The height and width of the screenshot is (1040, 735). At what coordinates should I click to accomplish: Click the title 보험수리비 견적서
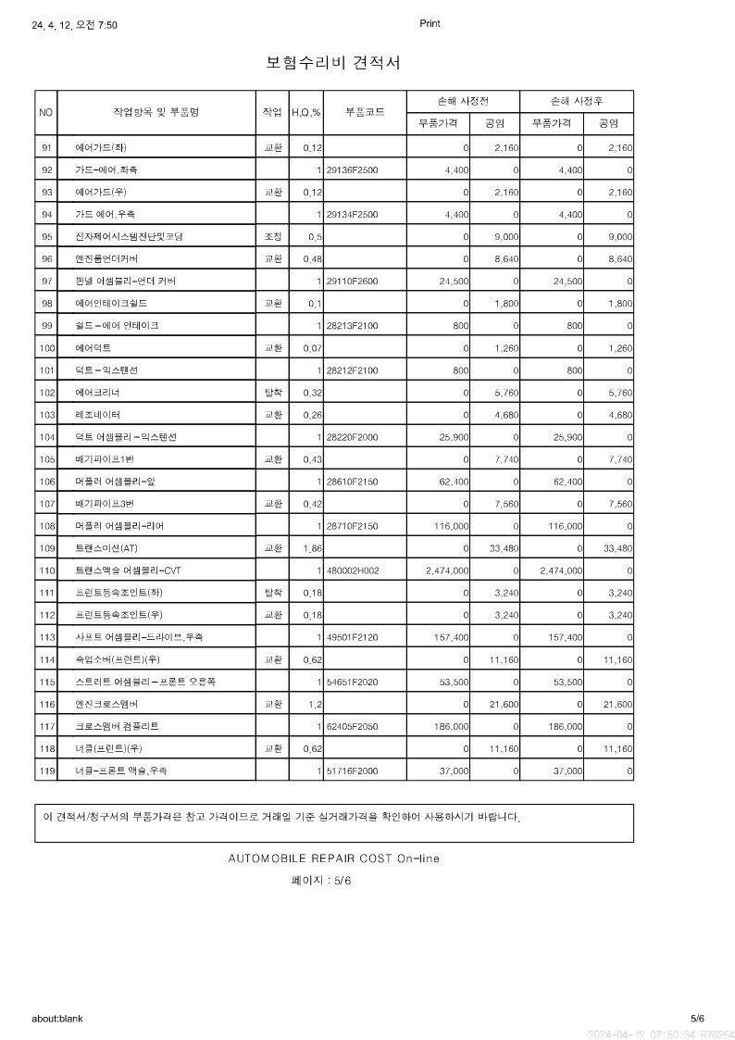point(333,63)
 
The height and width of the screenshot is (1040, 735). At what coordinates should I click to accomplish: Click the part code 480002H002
point(353,570)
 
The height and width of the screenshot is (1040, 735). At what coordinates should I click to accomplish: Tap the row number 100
point(46,348)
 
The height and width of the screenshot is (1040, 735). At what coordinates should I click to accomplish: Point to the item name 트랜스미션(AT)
point(106,548)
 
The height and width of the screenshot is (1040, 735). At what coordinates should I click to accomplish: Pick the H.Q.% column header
point(305,113)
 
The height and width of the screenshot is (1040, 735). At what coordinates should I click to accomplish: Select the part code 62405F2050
point(353,726)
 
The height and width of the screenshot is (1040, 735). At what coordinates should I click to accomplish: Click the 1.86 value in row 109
point(312,548)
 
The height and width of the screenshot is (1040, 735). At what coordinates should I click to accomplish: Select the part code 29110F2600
point(353,282)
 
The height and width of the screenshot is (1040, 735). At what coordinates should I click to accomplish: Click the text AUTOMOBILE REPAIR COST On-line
point(333,858)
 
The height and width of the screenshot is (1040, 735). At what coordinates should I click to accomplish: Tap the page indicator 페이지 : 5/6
point(321,881)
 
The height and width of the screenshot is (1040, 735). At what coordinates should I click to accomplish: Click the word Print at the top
point(430,24)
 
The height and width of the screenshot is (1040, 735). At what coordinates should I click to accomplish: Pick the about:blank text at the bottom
point(57,1019)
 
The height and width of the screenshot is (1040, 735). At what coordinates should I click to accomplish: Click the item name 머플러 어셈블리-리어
point(119,526)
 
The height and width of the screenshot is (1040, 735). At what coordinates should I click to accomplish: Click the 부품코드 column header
point(365,112)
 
